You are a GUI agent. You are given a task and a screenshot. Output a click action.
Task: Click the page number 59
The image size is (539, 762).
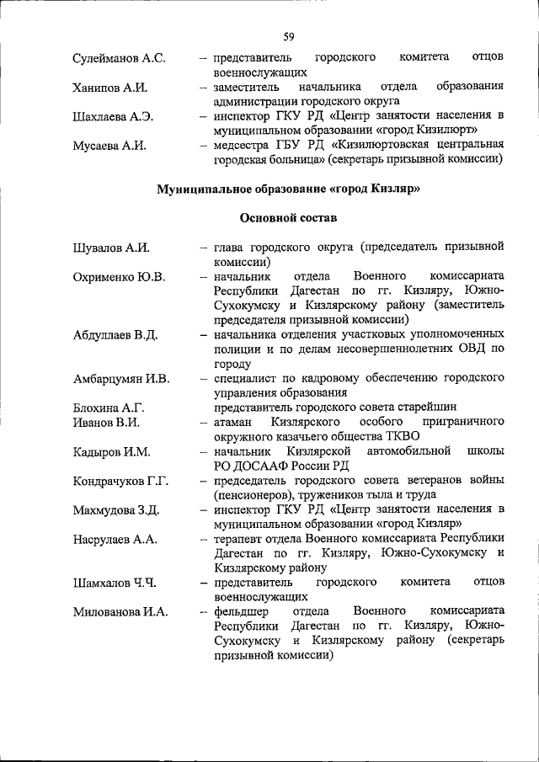click(x=288, y=35)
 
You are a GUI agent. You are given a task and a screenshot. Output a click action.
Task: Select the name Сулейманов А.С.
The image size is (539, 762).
click(x=120, y=58)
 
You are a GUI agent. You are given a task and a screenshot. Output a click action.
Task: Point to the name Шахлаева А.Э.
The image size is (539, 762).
click(x=114, y=117)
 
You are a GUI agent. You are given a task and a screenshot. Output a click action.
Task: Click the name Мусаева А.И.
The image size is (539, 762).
click(x=109, y=146)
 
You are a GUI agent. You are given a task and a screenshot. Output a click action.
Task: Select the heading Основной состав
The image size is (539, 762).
click(x=288, y=218)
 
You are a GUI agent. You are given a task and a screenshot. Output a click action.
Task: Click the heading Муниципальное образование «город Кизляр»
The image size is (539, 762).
click(x=288, y=189)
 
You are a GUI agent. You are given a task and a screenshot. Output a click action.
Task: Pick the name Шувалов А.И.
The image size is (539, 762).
click(x=111, y=248)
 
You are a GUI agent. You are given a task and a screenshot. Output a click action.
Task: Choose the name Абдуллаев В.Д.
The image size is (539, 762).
click(x=116, y=335)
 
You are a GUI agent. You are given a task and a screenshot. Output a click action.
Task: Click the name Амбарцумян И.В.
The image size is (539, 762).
click(x=121, y=379)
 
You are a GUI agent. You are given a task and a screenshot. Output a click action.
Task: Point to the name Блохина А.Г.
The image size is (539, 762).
click(x=109, y=408)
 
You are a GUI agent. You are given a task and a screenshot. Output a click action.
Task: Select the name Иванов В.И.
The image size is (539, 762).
click(x=106, y=423)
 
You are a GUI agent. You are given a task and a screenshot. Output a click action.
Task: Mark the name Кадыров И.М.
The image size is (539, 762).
click(x=112, y=452)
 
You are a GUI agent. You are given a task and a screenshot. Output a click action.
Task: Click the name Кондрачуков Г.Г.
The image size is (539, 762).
click(x=121, y=482)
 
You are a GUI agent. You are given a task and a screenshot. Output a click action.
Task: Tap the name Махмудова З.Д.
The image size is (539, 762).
click(x=117, y=510)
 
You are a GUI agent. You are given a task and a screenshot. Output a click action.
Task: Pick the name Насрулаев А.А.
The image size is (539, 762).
click(x=116, y=540)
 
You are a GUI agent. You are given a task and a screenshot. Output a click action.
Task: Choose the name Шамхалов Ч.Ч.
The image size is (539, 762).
click(x=115, y=583)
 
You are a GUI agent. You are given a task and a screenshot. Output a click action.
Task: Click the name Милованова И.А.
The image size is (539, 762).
click(x=120, y=612)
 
